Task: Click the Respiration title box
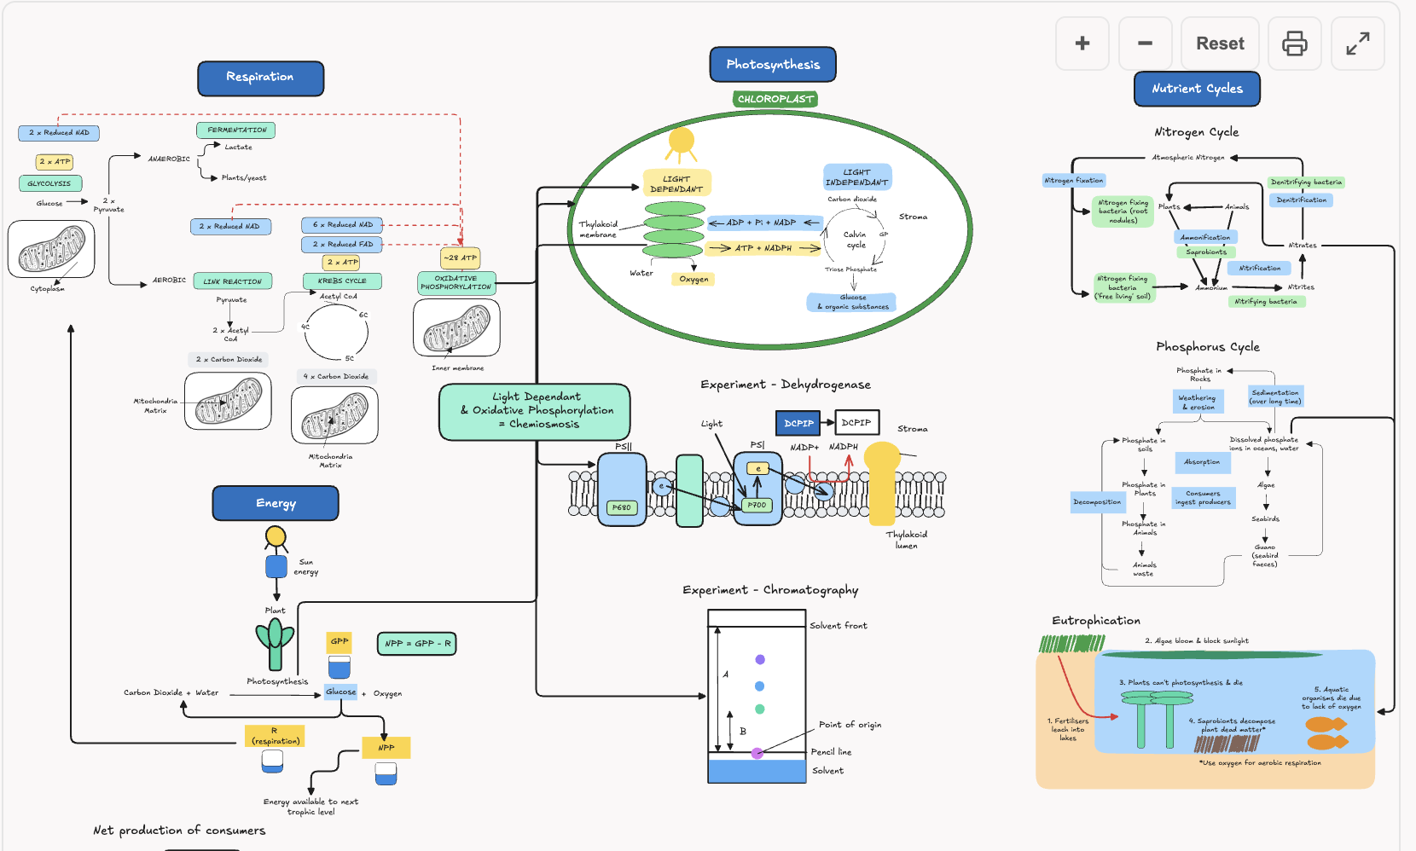click(260, 78)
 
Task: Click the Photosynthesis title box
click(772, 65)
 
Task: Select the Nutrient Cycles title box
click(1196, 89)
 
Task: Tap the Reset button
click(1219, 43)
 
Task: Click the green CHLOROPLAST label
click(775, 99)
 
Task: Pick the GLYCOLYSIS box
click(49, 183)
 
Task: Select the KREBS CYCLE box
click(341, 281)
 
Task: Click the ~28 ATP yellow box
click(460, 258)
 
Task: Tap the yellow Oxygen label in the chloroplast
click(693, 279)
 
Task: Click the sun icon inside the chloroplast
click(681, 142)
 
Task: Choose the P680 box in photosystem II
click(621, 507)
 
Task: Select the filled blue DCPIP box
click(798, 423)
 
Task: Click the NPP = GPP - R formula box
click(416, 644)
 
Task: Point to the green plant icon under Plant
click(275, 642)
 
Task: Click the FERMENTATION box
click(236, 130)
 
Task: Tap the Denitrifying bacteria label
click(1305, 182)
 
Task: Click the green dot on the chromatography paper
click(759, 709)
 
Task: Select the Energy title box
click(275, 503)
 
